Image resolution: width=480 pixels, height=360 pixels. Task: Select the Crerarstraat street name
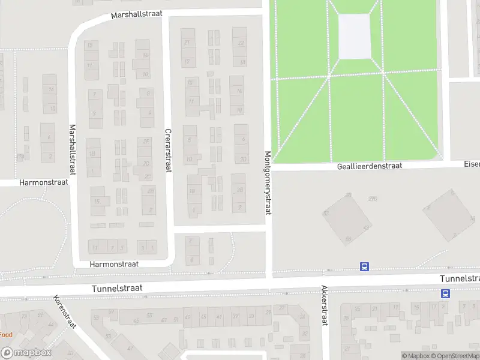pyautogui.click(x=169, y=151)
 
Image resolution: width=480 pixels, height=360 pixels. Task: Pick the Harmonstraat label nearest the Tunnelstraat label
pyautogui.click(x=114, y=263)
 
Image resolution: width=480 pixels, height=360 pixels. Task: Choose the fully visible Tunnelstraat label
pyautogui.click(x=117, y=289)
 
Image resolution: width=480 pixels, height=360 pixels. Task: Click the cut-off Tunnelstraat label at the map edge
pyautogui.click(x=460, y=278)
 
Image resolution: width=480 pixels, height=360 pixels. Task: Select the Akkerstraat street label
pyautogui.click(x=324, y=305)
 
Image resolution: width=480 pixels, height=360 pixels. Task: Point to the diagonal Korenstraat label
pyautogui.click(x=64, y=312)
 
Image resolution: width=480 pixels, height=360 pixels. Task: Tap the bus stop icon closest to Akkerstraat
pyautogui.click(x=364, y=266)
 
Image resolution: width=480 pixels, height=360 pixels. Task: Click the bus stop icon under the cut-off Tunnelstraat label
pyautogui.click(x=446, y=293)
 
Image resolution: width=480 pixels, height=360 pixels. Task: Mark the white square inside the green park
pyautogui.click(x=355, y=36)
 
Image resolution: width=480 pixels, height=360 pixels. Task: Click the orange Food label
pyautogui.click(x=6, y=334)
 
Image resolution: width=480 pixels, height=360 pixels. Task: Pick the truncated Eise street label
pyautogui.click(x=472, y=163)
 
